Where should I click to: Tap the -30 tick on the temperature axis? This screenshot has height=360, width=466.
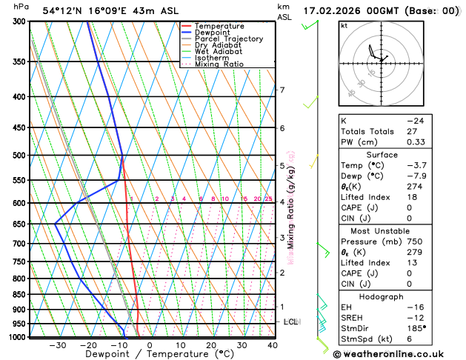(x=58, y=344)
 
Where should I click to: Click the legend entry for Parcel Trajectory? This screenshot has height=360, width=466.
(x=228, y=39)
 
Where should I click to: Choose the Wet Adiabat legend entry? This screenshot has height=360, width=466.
(x=218, y=51)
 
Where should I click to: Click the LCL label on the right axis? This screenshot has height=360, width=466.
(x=290, y=321)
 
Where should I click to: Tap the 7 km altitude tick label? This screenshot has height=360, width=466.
(x=282, y=90)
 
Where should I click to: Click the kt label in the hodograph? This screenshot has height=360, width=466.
(x=344, y=25)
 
